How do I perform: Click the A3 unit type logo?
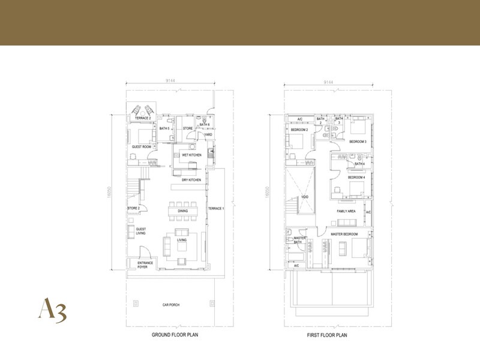(52, 310)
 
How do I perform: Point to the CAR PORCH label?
(171, 305)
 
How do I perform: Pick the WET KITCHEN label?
(191, 155)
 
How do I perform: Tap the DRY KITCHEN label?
(191, 180)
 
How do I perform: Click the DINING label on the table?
(182, 211)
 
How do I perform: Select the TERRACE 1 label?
(215, 208)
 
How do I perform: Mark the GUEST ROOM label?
(142, 146)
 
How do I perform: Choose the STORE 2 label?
(133, 208)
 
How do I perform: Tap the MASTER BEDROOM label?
(344, 233)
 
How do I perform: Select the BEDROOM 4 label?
(356, 178)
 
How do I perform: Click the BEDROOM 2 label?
(299, 130)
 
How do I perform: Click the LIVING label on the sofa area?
(181, 241)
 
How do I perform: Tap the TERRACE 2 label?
(142, 118)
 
